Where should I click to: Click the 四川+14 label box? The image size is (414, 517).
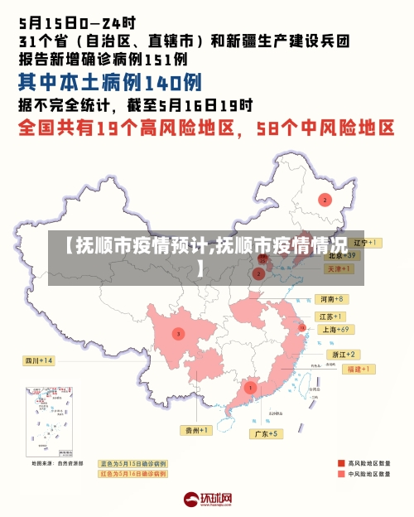tap(39, 361)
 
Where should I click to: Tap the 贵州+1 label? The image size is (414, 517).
tap(197, 430)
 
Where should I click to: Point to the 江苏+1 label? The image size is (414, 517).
tap(331, 316)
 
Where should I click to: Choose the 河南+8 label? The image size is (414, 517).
tap(331, 298)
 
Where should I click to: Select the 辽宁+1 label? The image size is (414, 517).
tap(365, 243)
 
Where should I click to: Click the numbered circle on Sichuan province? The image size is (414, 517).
tap(178, 333)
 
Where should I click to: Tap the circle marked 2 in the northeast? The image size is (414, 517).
tap(325, 200)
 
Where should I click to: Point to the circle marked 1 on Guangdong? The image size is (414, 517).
tap(250, 387)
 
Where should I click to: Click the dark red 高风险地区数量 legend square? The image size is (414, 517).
tap(341, 463)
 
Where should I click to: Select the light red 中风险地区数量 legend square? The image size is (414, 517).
tap(341, 475)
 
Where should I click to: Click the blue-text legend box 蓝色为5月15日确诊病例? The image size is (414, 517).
tap(132, 464)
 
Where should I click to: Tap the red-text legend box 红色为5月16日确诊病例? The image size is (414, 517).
tap(132, 474)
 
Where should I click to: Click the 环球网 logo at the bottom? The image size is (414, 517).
tap(207, 500)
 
